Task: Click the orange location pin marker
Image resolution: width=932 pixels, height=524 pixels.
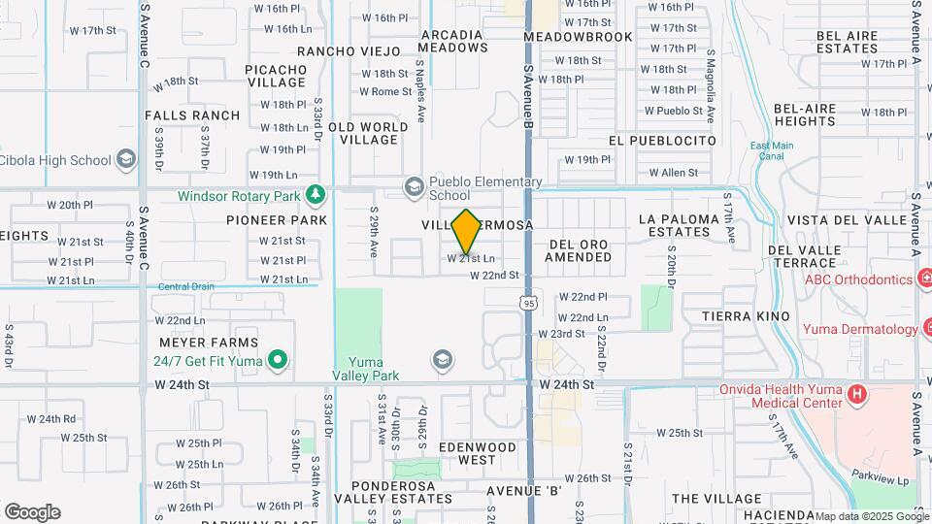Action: pos(466,231)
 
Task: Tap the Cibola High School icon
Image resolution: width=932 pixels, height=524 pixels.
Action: pos(125,159)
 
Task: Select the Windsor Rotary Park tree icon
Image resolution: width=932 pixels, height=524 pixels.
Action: pos(315,195)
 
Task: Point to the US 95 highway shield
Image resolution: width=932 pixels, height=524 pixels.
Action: pos(528,304)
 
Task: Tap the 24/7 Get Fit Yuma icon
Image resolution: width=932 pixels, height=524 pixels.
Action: pos(279,361)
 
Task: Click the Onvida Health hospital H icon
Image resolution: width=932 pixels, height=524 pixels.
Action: pos(856,395)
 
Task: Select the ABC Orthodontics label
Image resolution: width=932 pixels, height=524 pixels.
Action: pos(858,280)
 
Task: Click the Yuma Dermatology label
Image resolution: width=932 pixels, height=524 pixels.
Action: pos(859,329)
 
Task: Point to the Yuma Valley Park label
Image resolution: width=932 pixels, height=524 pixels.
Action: pos(366,369)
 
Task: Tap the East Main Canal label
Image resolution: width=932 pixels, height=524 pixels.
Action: pos(772,150)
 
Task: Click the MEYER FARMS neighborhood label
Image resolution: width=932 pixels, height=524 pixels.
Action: pos(211,343)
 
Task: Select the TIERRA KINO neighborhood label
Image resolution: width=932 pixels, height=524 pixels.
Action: pos(746,317)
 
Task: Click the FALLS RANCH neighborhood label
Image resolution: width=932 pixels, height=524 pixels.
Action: pos(192,115)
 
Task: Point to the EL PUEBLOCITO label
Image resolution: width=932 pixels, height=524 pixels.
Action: pos(662,141)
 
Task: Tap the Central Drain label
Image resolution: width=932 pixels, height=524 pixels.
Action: pos(185,286)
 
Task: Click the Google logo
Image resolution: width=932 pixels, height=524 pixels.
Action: pos(32,512)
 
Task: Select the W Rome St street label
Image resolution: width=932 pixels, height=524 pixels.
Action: pos(385,92)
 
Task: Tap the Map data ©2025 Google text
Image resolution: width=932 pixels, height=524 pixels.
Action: pos(870,516)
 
